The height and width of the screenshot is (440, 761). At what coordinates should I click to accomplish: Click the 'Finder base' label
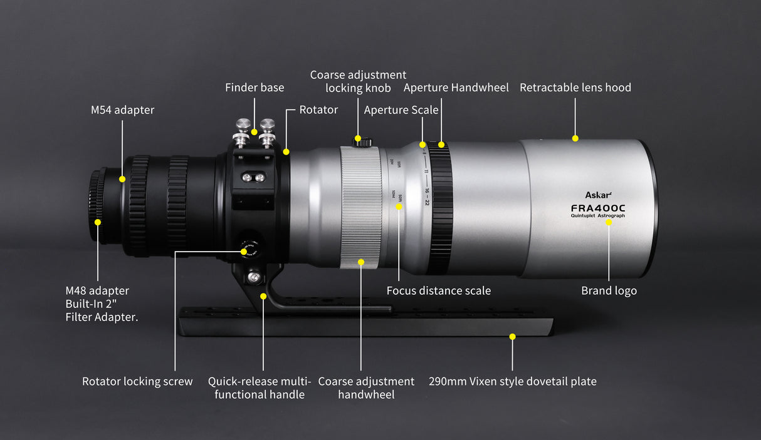[255, 88]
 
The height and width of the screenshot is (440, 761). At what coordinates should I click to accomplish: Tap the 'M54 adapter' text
[122, 110]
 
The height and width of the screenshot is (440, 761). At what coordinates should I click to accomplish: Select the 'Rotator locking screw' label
[137, 381]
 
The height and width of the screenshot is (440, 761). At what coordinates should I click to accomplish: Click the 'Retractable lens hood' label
[575, 88]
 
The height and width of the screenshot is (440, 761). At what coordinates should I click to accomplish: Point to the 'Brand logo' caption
[609, 290]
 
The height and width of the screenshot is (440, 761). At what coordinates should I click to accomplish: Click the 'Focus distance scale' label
[438, 290]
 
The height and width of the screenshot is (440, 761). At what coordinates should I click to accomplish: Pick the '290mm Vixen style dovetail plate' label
[512, 381]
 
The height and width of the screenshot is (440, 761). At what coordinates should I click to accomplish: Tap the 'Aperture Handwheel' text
[456, 88]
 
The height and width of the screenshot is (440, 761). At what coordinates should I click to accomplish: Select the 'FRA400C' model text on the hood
[597, 207]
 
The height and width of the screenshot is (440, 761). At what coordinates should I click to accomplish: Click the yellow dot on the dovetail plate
[512, 337]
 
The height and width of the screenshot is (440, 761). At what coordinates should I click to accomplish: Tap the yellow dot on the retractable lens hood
[575, 138]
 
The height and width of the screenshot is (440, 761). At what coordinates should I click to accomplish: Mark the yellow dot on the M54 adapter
[122, 179]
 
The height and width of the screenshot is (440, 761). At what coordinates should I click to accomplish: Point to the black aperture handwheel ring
[441, 207]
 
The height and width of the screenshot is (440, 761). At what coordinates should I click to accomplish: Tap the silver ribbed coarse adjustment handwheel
[360, 207]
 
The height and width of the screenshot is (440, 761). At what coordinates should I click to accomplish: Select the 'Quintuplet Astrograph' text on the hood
[597, 216]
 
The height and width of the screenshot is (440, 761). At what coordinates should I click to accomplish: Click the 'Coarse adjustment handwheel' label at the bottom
[366, 387]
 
